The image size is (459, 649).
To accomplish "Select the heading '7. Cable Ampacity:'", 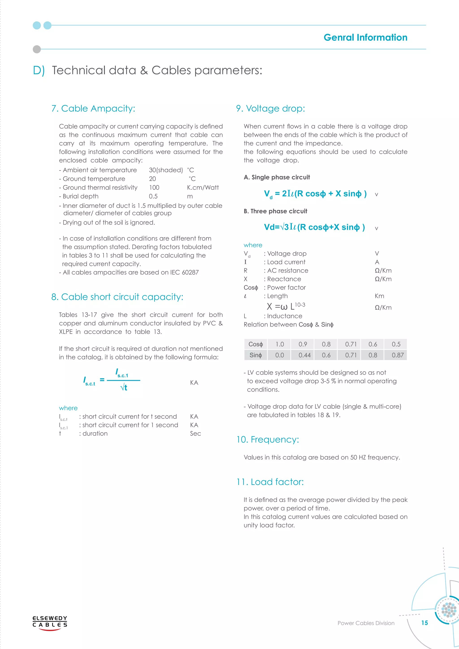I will click(93, 108).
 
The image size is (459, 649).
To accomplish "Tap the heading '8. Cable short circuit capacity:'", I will click(117, 297).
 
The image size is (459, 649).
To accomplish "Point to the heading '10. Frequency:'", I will click(268, 439).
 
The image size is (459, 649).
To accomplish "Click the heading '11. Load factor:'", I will click(270, 482).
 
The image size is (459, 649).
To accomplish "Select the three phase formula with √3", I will click(314, 227).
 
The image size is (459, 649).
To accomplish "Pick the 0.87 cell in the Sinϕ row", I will click(397, 355).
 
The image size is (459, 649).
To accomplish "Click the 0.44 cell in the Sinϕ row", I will click(304, 355).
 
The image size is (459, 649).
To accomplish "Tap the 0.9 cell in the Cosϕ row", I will click(303, 344).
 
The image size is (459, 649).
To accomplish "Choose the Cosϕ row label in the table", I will click(255, 344).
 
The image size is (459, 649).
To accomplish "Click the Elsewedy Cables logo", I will click(50, 623).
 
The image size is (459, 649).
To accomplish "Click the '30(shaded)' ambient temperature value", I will click(166, 170).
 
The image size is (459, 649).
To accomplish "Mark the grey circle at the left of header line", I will click(37, 49).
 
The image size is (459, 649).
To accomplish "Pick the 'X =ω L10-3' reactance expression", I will click(286, 306).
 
